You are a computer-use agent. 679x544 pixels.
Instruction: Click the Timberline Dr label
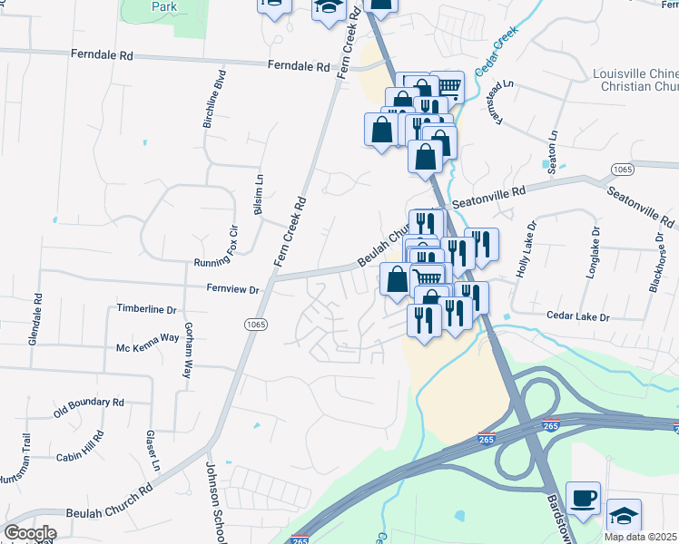(146, 308)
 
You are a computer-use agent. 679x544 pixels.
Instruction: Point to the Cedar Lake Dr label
(577, 316)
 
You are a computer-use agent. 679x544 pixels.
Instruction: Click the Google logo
(30, 533)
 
